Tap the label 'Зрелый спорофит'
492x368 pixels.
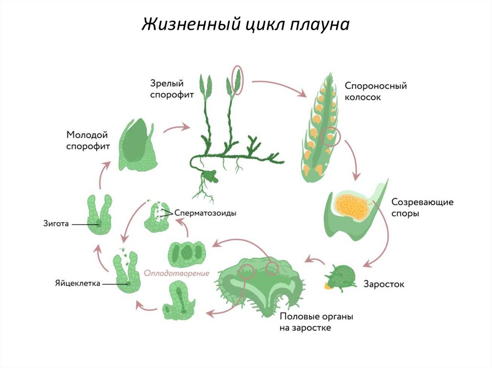172,89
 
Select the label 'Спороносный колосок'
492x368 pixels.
376,91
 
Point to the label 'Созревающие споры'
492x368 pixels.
422,207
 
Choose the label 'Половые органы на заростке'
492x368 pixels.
317,322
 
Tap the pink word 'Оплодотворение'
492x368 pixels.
177,273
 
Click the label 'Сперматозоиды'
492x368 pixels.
206,213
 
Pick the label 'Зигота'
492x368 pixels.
56,223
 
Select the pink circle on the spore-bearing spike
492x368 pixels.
331,137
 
